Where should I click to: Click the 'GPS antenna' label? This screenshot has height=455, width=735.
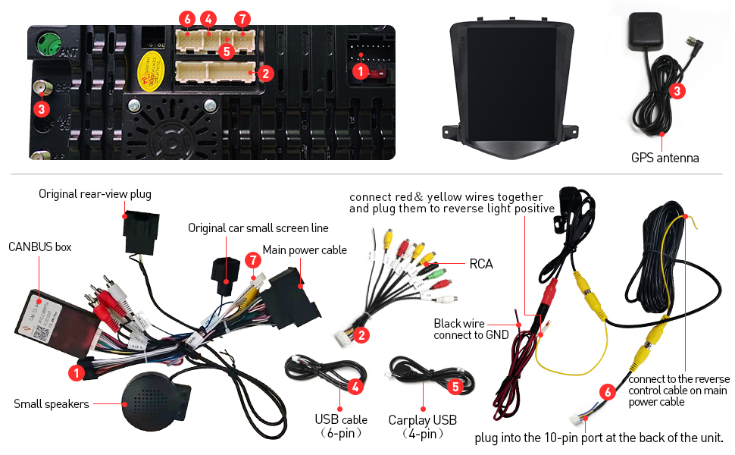click(x=665, y=158)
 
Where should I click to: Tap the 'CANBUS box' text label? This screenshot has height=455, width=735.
click(x=39, y=246)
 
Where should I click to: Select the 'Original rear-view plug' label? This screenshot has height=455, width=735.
click(x=95, y=194)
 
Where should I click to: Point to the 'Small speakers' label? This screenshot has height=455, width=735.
click(x=51, y=404)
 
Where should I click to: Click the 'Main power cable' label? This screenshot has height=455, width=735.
click(x=305, y=249)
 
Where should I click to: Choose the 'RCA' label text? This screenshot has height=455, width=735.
click(x=481, y=264)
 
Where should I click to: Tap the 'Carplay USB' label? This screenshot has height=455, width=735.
click(x=423, y=420)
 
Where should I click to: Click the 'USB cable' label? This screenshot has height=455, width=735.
click(x=341, y=419)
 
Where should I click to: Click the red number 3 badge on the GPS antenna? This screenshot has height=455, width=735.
click(x=677, y=91)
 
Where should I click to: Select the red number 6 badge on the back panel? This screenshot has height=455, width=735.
click(x=187, y=18)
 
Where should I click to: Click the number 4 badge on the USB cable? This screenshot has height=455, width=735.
click(x=355, y=385)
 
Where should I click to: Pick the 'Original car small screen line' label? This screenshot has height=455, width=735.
click(x=258, y=227)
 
